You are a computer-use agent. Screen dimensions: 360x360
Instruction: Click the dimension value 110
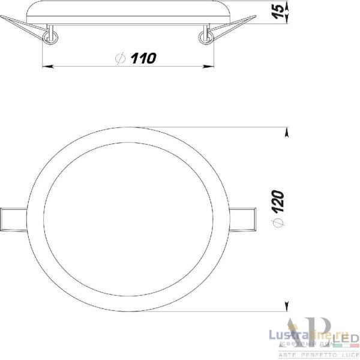click(x=144, y=58)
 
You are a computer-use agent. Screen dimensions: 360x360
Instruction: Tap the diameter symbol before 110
click(x=119, y=58)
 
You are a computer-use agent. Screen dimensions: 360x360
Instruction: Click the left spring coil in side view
click(x=50, y=38)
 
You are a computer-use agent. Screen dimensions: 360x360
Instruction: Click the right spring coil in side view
click(x=206, y=38)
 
